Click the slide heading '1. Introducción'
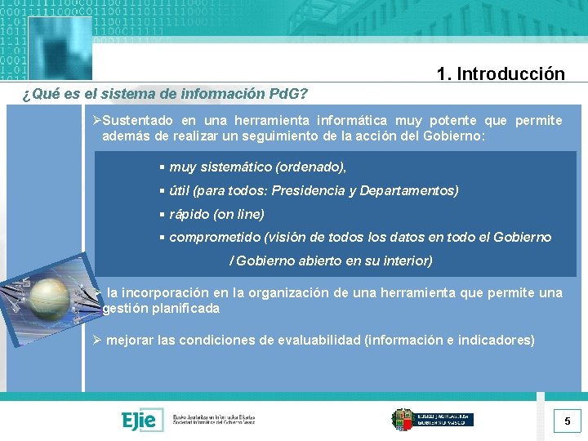pyautogui.click(x=500, y=74)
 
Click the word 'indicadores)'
pyautogui.click(x=496, y=340)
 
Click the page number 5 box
pyautogui.click(x=567, y=422)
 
